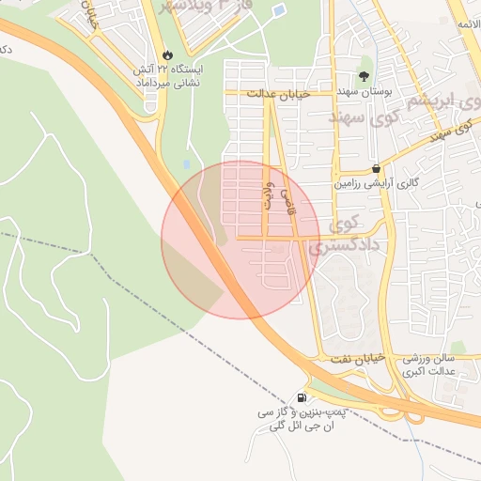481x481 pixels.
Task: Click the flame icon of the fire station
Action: point(168,55)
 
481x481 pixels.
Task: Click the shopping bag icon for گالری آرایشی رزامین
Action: point(377,168)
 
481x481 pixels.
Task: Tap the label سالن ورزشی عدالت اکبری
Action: point(428,365)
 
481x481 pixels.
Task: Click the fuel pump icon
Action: point(302,396)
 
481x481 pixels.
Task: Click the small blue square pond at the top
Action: point(279,12)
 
